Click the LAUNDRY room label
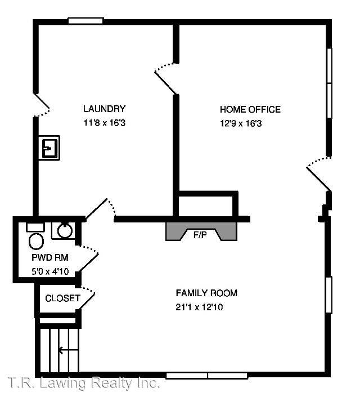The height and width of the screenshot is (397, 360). click(104, 109)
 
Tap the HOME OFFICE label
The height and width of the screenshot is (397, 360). click(250, 109)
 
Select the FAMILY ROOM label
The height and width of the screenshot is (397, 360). click(206, 293)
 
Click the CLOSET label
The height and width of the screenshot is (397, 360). click(62, 298)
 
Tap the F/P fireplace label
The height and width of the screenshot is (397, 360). click(200, 235)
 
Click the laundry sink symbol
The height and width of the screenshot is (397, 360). click(50, 148)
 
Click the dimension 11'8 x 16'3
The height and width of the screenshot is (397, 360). click(104, 123)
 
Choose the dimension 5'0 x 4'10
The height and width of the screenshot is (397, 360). click(50, 272)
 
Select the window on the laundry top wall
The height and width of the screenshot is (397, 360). click(85, 21)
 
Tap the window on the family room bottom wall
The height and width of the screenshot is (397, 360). click(208, 376)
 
